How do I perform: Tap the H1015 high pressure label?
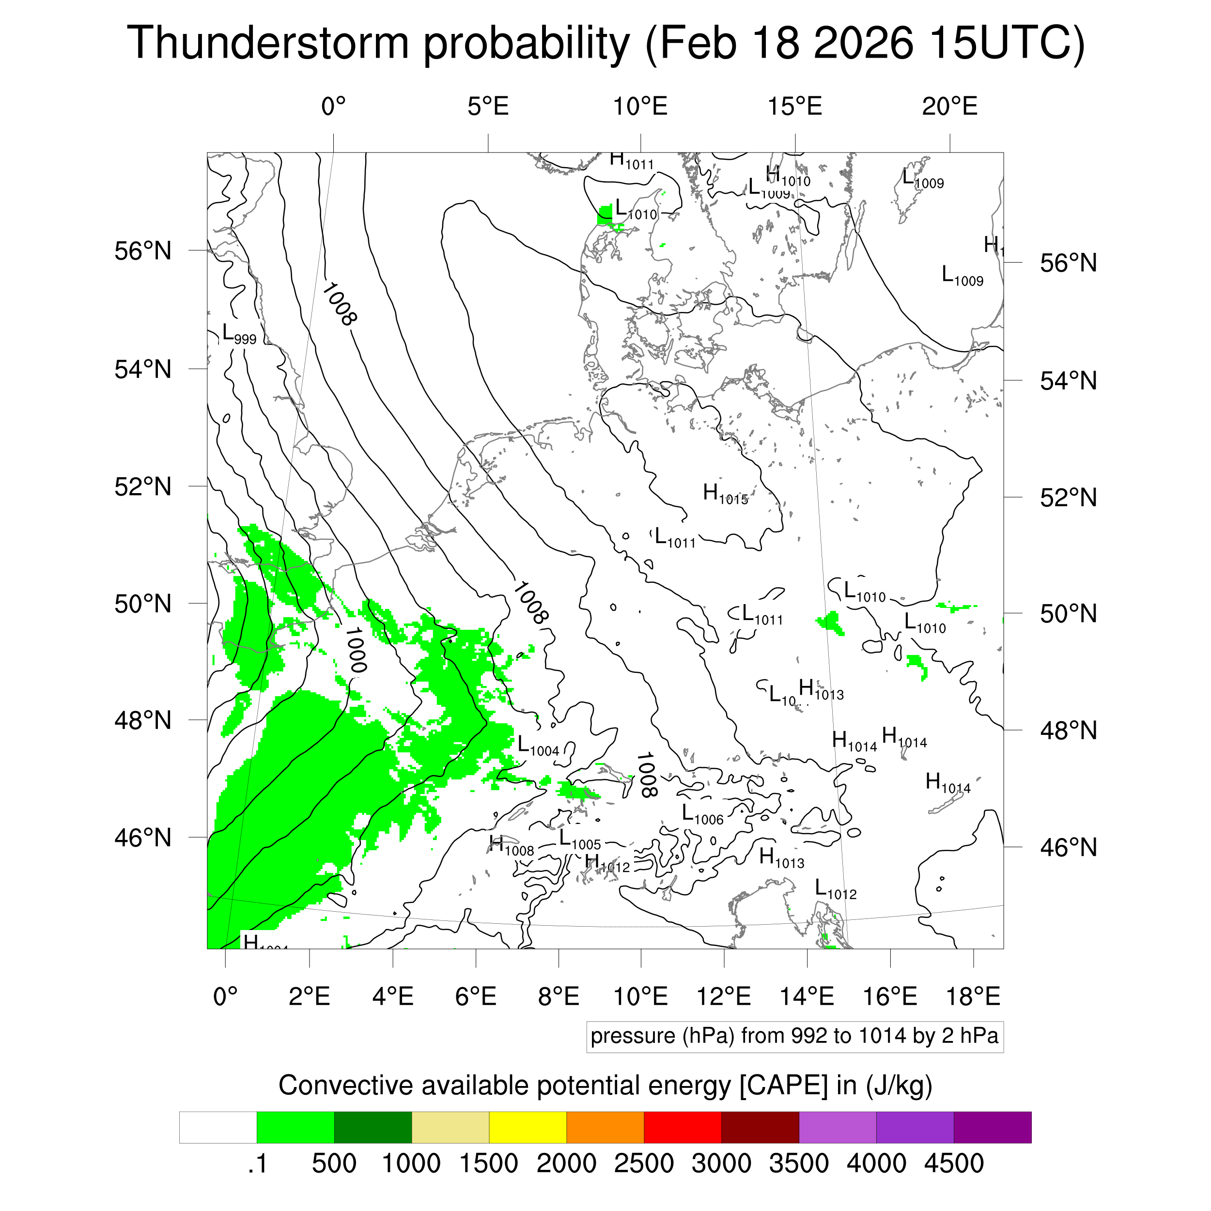click(725, 495)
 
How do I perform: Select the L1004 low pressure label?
click(538, 746)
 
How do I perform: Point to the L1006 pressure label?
click(702, 815)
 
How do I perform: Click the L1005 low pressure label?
click(579, 840)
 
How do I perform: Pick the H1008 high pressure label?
click(512, 846)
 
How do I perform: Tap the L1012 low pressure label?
click(836, 889)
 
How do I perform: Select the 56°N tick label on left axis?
click(143, 251)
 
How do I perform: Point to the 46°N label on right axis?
click(1068, 847)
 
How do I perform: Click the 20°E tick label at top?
click(949, 107)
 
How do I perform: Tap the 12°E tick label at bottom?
click(724, 996)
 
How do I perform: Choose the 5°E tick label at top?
click(488, 107)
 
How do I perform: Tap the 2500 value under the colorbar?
click(644, 1164)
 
